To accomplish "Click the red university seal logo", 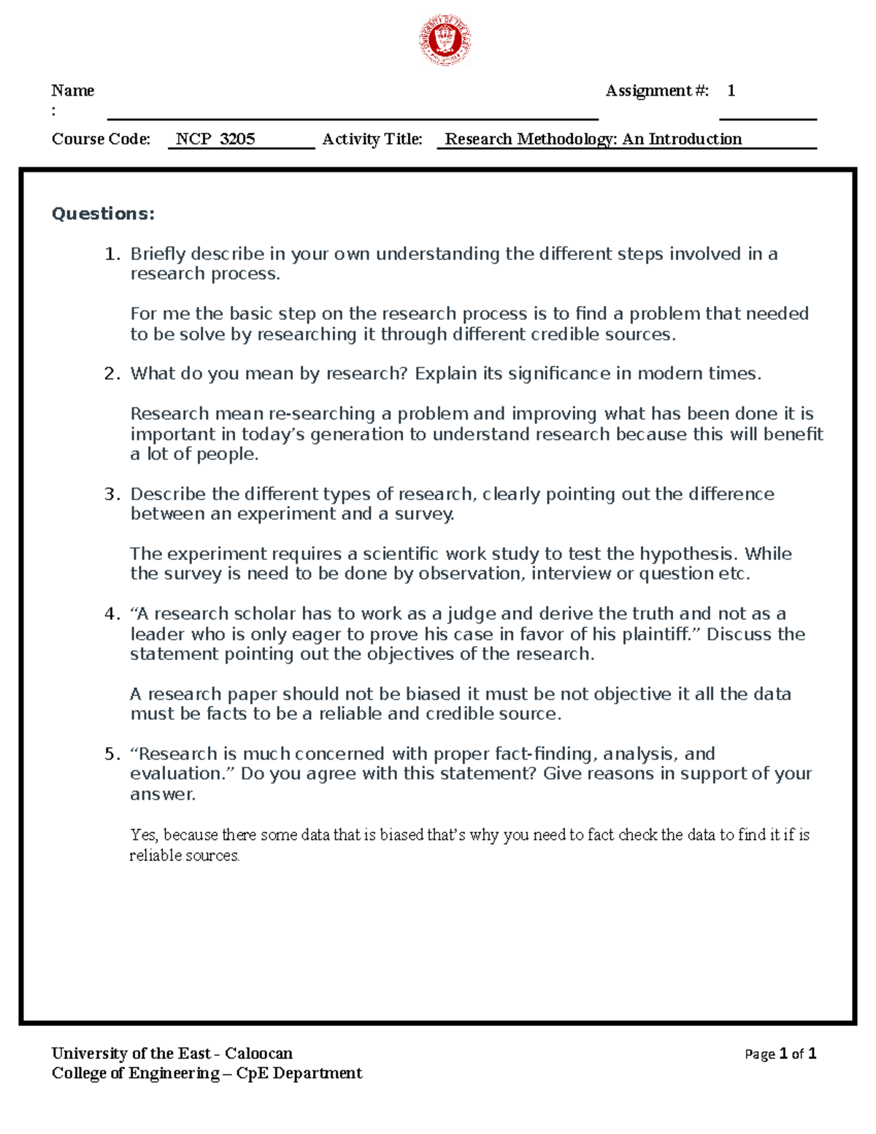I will (x=445, y=40).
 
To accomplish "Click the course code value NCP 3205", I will (x=215, y=139).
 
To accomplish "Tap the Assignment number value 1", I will (x=731, y=91).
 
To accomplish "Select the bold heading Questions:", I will (x=103, y=213).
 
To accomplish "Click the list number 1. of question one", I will (x=112, y=254).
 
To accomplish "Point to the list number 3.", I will (x=112, y=494).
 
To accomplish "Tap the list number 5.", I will (x=112, y=754).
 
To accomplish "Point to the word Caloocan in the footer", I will (x=258, y=1053).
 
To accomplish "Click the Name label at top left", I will (x=72, y=91).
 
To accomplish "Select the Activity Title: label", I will (x=372, y=139).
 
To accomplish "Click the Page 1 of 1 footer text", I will (x=780, y=1054).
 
